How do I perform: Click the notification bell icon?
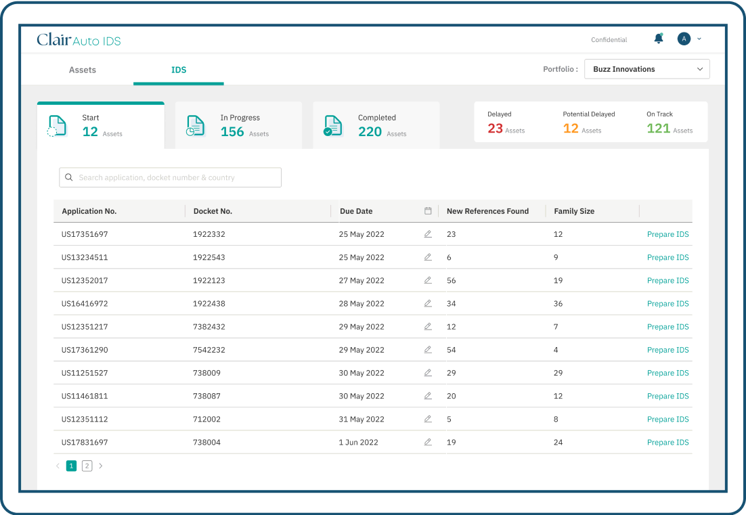pos(658,39)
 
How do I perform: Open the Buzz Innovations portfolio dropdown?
pos(646,69)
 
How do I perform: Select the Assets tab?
pos(83,70)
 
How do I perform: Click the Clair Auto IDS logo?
pos(79,40)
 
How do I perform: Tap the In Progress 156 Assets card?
pos(238,125)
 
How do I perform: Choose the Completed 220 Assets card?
pos(376,125)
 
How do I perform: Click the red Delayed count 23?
pos(496,129)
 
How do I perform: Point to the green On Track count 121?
pos(658,129)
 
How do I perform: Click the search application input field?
pos(170,177)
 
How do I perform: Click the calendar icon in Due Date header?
pos(428,211)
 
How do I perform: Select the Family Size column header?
pos(574,211)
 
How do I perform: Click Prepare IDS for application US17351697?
pos(667,234)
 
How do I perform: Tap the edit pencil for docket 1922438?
pos(428,304)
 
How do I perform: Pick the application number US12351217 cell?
pos(85,327)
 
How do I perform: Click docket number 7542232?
pos(209,350)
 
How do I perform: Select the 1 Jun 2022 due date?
pos(359,443)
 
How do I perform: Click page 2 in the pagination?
pos(87,466)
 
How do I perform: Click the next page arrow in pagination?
pos(101,466)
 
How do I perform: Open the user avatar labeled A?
pos(684,39)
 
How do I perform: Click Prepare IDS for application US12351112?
pos(667,420)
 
